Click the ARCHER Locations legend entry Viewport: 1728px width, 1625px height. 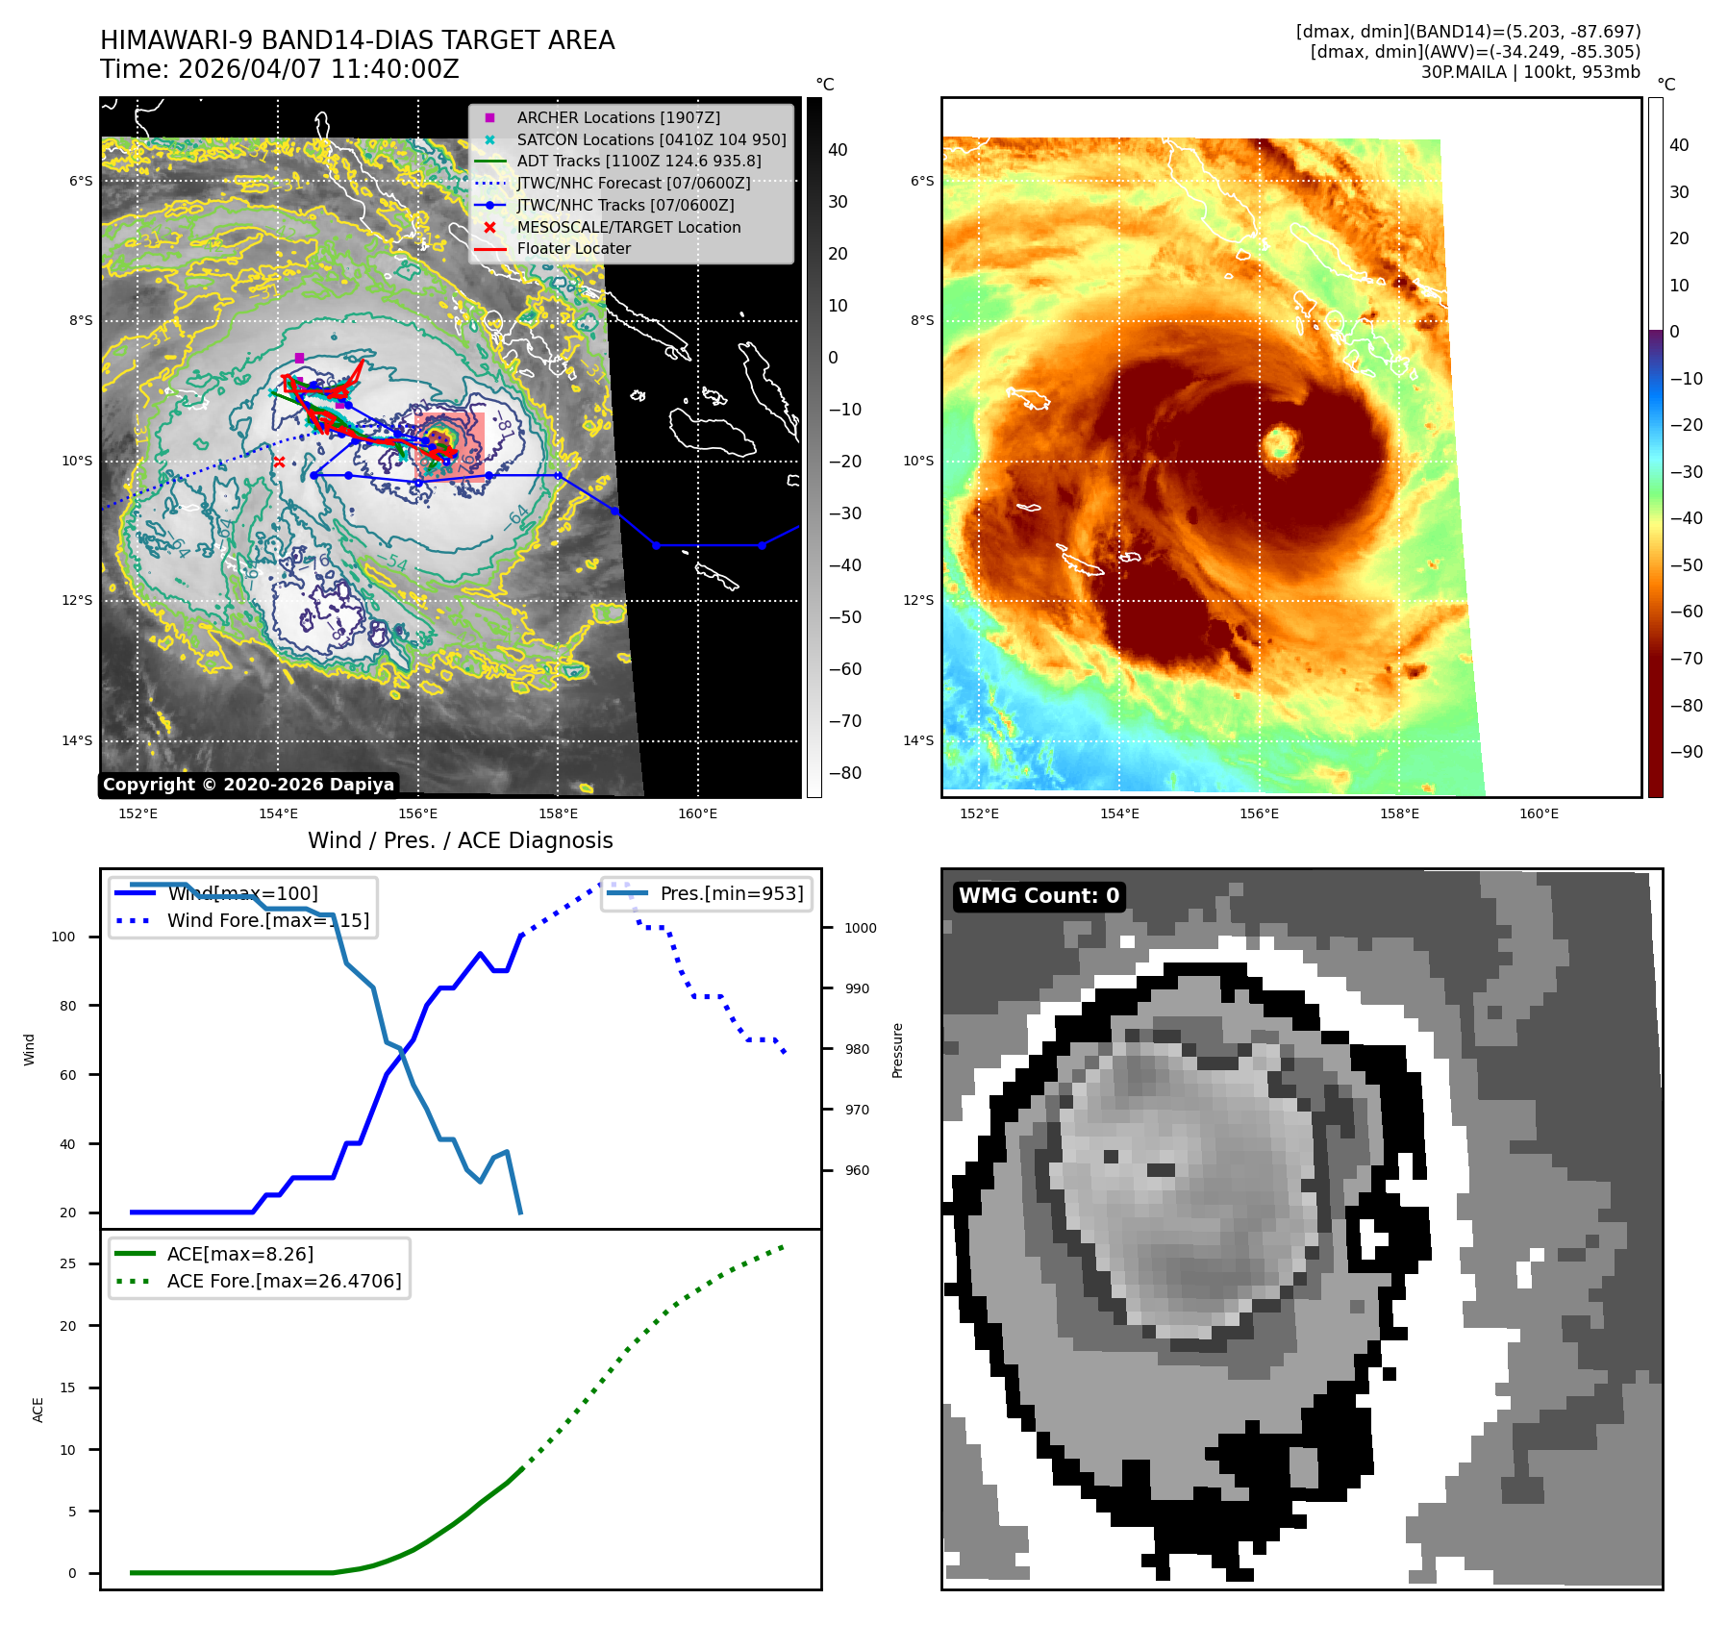point(617,117)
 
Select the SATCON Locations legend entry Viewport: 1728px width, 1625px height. point(651,139)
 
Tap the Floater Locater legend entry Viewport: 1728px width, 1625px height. point(573,248)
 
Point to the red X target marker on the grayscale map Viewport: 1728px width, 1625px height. point(279,462)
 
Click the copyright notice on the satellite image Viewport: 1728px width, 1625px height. point(248,785)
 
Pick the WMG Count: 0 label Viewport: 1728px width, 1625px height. point(1039,896)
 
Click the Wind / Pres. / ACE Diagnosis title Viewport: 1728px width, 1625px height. point(460,840)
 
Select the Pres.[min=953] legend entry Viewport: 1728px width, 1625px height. point(731,893)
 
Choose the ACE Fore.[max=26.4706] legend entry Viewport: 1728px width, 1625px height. point(284,1281)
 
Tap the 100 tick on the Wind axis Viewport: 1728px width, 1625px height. point(63,937)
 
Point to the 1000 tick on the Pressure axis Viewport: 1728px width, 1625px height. point(861,928)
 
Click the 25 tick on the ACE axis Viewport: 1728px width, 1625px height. point(67,1263)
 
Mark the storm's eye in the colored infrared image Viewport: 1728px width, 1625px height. point(1280,443)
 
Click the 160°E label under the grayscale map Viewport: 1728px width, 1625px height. point(697,813)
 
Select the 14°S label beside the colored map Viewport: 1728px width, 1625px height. point(918,740)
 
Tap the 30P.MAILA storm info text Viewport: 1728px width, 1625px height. point(1530,72)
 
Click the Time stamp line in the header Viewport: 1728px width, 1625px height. point(280,69)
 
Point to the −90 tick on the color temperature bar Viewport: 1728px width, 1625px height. point(1686,752)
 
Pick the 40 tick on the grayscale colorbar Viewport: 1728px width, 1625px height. point(838,150)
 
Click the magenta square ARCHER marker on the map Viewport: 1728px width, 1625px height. point(299,358)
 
